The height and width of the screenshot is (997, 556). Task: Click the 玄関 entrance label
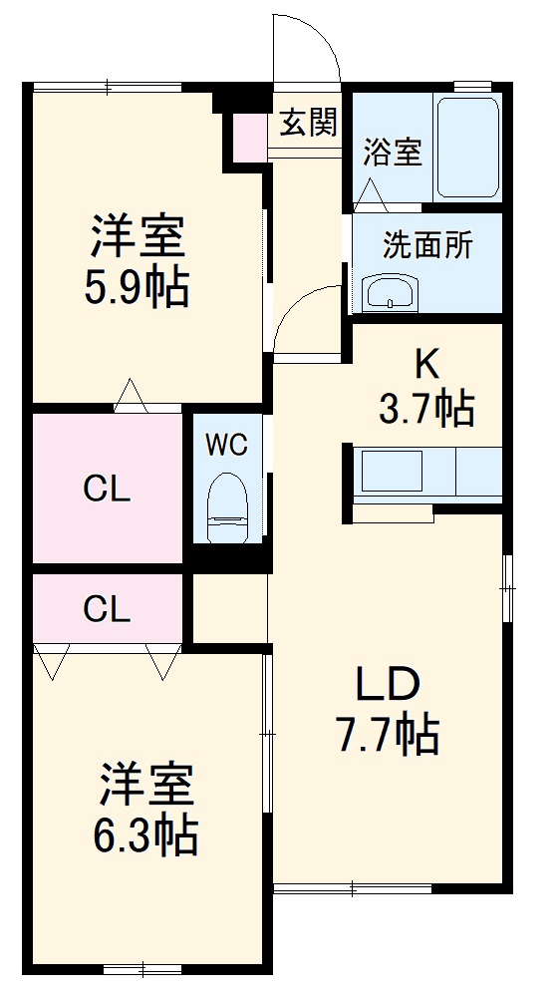point(308,125)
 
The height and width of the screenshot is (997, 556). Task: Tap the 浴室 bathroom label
point(392,153)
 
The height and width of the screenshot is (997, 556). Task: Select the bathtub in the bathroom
point(467,149)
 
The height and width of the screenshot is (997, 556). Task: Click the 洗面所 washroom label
point(427,245)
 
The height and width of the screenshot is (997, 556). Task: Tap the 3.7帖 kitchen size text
point(425,408)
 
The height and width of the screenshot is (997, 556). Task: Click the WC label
point(227,445)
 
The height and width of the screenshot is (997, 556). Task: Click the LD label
point(390,687)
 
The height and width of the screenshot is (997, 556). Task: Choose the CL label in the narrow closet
point(107,609)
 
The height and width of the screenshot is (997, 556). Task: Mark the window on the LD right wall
point(507,588)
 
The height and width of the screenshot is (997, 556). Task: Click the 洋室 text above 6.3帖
point(146,786)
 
